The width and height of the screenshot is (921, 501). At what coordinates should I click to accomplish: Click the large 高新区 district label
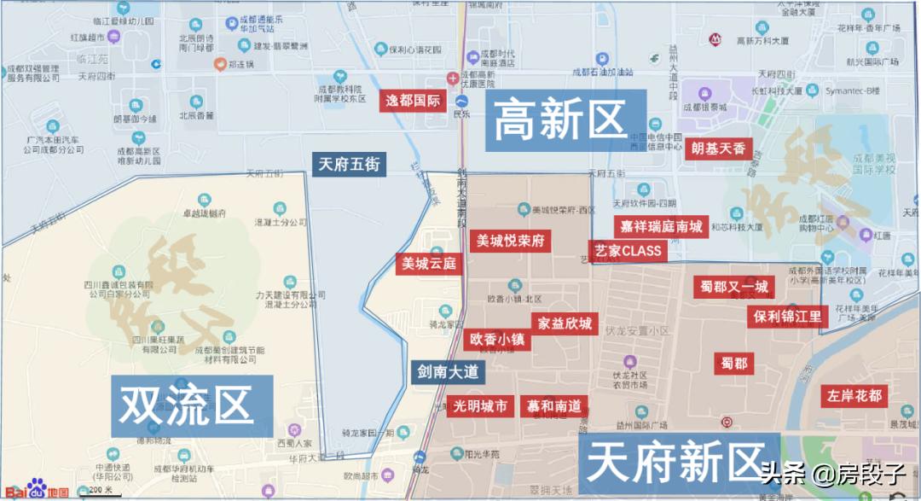click(559, 119)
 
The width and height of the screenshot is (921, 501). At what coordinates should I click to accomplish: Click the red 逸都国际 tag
click(413, 101)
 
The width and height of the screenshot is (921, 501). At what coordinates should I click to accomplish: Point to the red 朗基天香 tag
click(719, 149)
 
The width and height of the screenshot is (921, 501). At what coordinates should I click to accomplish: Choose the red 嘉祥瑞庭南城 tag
click(662, 226)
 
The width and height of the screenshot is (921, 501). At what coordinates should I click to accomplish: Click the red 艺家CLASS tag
click(628, 251)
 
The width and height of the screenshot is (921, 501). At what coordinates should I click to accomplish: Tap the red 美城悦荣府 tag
click(510, 241)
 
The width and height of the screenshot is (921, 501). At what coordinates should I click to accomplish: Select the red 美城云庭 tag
click(429, 264)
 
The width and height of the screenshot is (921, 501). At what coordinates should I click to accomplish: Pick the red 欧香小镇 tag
click(498, 339)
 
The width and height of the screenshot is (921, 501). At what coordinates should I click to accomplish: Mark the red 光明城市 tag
click(480, 405)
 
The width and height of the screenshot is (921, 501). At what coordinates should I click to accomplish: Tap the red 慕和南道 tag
click(553, 405)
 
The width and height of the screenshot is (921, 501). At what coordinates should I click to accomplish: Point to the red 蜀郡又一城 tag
click(734, 286)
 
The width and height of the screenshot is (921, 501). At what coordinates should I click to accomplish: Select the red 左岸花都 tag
click(854, 396)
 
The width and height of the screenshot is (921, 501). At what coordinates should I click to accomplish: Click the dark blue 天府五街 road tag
click(349, 164)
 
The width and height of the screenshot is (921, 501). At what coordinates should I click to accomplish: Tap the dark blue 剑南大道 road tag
click(447, 372)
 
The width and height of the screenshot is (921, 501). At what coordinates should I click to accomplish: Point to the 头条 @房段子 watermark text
click(831, 472)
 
